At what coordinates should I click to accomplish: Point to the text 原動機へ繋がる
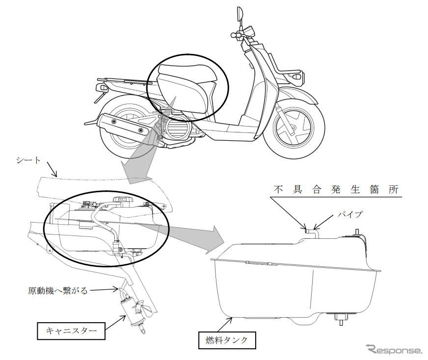58,291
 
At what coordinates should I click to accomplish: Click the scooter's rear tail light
102,87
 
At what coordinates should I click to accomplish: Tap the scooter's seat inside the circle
184,86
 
